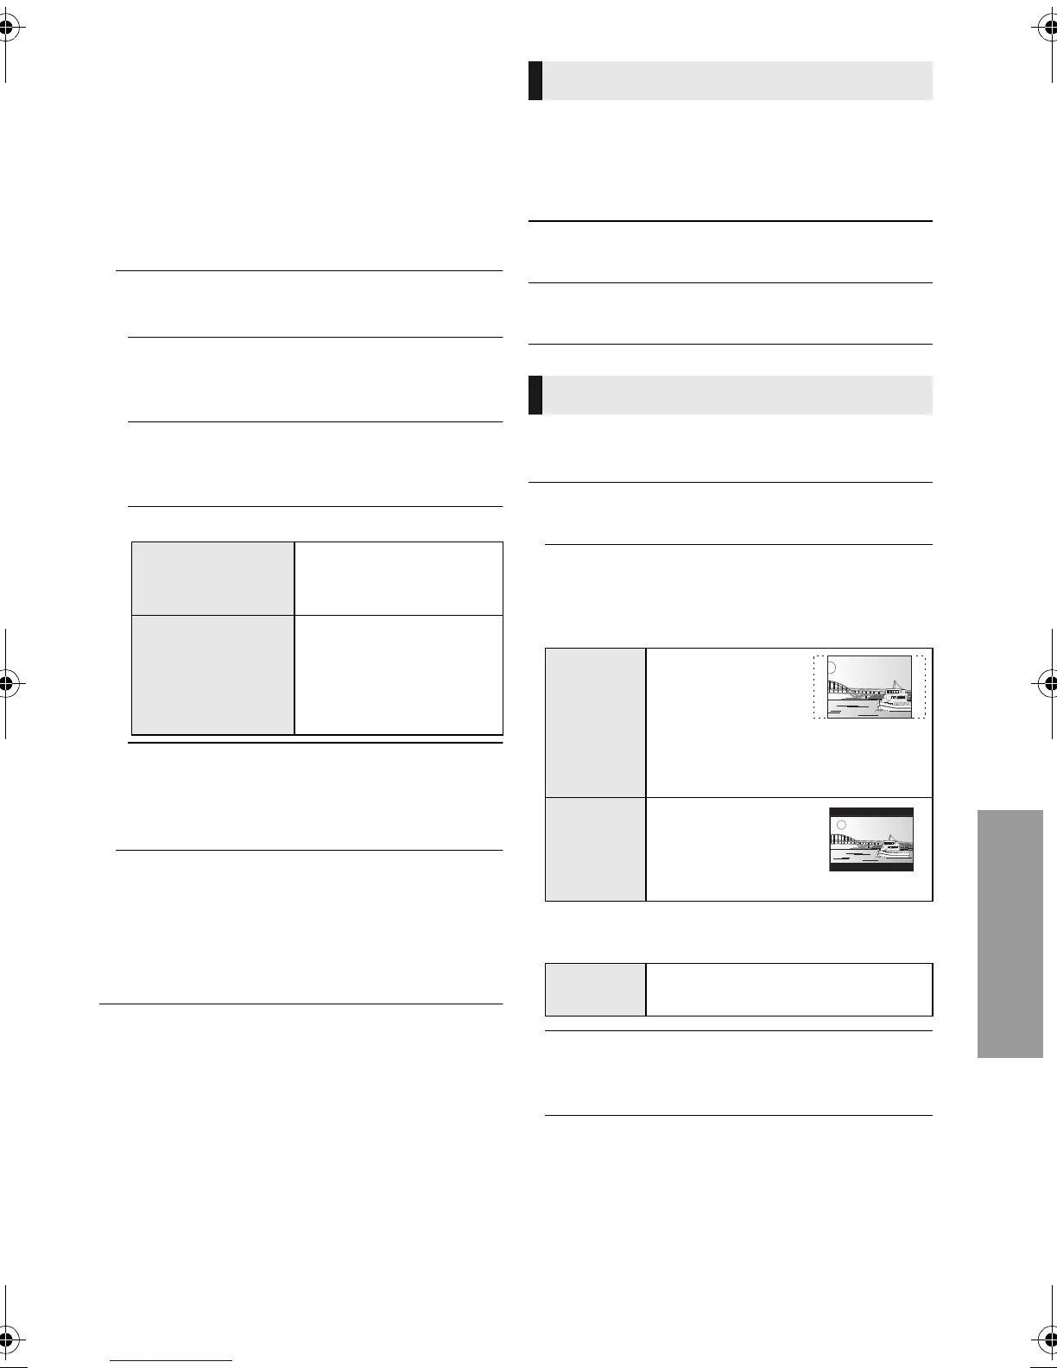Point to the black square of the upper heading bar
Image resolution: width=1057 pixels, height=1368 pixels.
pos(535,80)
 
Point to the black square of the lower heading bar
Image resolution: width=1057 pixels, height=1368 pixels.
pos(535,395)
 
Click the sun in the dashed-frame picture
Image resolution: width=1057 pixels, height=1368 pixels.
pos(832,668)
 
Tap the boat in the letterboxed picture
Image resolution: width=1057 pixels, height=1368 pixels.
pos(894,850)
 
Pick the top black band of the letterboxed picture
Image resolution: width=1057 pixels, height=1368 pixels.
pos(870,813)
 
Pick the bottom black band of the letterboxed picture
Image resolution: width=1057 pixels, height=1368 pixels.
pos(870,866)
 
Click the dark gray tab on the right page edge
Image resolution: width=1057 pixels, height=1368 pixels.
pos(1010,934)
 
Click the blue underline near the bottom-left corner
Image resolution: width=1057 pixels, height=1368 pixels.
pos(171,1360)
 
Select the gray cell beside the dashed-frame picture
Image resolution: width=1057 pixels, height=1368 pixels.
pos(596,722)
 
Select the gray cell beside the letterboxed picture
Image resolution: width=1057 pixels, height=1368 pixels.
pos(596,849)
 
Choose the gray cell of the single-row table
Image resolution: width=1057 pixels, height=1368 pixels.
pos(596,989)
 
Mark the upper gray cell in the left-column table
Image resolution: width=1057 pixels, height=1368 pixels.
pos(212,578)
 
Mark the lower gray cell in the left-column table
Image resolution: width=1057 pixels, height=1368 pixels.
pos(212,674)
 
